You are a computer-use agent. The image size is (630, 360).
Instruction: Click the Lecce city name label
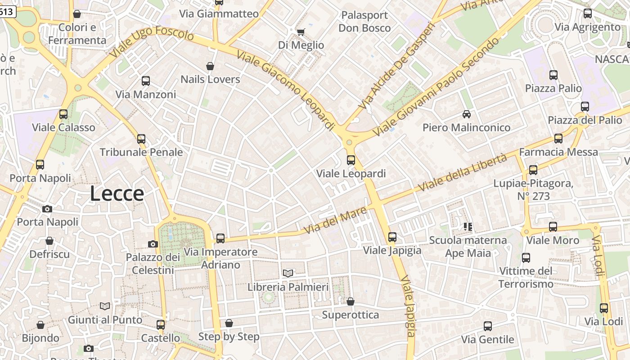coord(117,193)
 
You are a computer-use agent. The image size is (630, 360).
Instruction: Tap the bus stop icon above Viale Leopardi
coord(351,160)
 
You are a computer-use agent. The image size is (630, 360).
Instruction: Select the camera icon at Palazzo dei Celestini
coord(153,244)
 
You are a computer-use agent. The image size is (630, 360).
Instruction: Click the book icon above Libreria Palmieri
coord(288,273)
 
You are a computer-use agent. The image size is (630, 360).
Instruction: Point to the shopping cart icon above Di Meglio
coord(301,32)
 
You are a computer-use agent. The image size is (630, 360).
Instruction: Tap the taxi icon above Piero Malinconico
coord(467,114)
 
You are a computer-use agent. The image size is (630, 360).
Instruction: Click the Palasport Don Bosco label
coord(364,22)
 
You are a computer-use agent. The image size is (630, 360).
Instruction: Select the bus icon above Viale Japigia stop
coord(392,237)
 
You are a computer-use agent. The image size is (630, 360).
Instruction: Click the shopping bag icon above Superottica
coord(350,301)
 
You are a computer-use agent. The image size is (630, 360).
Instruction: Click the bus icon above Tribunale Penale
coord(141,139)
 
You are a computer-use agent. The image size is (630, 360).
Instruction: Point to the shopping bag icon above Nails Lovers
coord(210,66)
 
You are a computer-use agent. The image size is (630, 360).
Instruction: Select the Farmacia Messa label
coord(558,152)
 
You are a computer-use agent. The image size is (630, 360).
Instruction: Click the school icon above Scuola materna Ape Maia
coord(468,226)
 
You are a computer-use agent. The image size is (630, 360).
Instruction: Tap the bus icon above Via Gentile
coord(487,326)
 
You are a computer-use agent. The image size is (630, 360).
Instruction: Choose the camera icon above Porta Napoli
coord(47,209)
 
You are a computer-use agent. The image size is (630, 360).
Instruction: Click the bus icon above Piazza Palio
coord(553,75)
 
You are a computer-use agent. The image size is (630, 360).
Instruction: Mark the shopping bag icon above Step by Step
coord(229,323)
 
